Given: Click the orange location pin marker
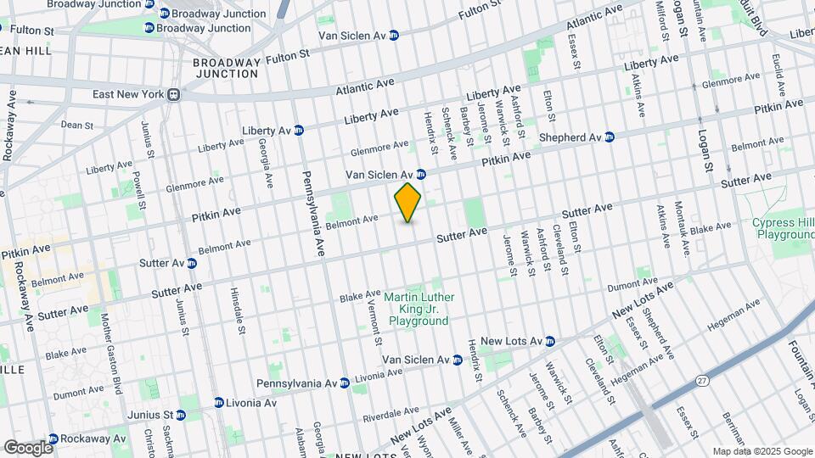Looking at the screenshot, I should click(408, 202).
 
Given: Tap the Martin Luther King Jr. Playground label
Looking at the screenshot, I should click(419, 310).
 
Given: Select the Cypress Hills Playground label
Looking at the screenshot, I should click(784, 227).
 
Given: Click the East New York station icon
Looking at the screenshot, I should click(173, 94).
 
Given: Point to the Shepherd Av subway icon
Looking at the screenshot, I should click(609, 137).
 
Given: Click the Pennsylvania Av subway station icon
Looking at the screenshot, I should click(344, 383).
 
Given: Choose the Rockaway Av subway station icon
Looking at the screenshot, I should click(53, 438).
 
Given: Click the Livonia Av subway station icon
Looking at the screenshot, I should click(218, 402).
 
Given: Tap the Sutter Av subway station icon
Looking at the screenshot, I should click(192, 263).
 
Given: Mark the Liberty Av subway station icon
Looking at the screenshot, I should click(298, 130).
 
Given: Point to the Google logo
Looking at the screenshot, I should click(27, 447).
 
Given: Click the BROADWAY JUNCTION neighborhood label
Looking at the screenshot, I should click(225, 68).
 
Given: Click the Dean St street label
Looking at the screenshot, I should click(76, 125).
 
